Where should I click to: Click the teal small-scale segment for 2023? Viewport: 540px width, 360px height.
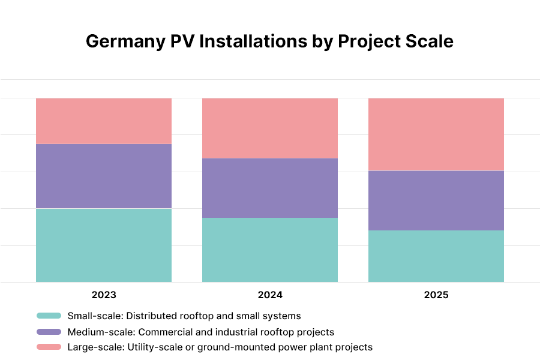tap(104, 245)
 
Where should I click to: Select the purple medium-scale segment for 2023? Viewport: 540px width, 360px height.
tap(104, 176)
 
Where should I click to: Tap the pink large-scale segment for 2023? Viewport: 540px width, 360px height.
tap(104, 121)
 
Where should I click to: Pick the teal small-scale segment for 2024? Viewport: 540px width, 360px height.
tap(270, 250)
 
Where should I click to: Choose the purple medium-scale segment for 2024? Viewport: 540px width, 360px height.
tap(270, 188)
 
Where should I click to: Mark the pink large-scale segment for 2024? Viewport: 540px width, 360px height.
tap(270, 128)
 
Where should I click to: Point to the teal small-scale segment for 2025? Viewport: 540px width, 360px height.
tap(436, 256)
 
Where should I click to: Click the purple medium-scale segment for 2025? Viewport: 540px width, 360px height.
tap(436, 200)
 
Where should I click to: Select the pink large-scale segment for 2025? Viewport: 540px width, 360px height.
tap(436, 134)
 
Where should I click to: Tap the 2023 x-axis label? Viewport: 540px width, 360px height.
tap(104, 295)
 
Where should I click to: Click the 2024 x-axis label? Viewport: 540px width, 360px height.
tap(270, 295)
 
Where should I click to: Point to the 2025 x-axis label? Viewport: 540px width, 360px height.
tap(436, 295)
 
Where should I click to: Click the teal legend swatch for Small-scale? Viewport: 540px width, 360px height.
tap(49, 316)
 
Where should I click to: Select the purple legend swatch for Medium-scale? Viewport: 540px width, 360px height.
tap(49, 332)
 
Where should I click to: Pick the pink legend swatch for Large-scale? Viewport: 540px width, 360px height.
tap(49, 347)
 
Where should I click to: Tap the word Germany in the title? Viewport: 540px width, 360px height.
tap(119, 41)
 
